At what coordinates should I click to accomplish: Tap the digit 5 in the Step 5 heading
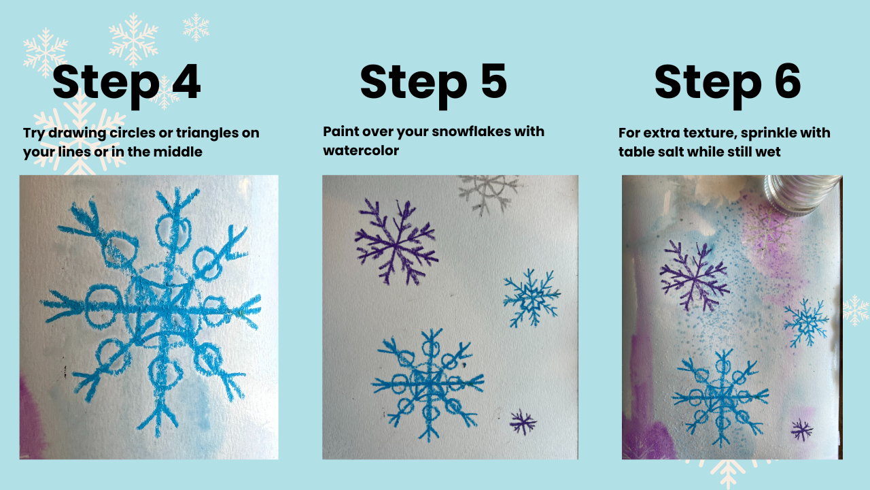[494, 81]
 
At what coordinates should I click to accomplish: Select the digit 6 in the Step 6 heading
[788, 81]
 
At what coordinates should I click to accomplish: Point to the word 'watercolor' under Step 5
[361, 150]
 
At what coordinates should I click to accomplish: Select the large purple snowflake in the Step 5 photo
[396, 243]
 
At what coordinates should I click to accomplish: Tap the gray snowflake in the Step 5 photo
[487, 193]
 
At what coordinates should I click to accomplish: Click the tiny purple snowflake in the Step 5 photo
[523, 423]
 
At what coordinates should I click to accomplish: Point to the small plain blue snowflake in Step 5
[532, 298]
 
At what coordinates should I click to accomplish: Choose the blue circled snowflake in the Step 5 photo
[428, 383]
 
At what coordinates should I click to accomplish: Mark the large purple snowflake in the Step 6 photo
[695, 276]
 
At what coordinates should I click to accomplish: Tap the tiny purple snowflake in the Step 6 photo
[801, 431]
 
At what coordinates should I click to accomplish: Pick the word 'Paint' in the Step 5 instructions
[341, 131]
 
